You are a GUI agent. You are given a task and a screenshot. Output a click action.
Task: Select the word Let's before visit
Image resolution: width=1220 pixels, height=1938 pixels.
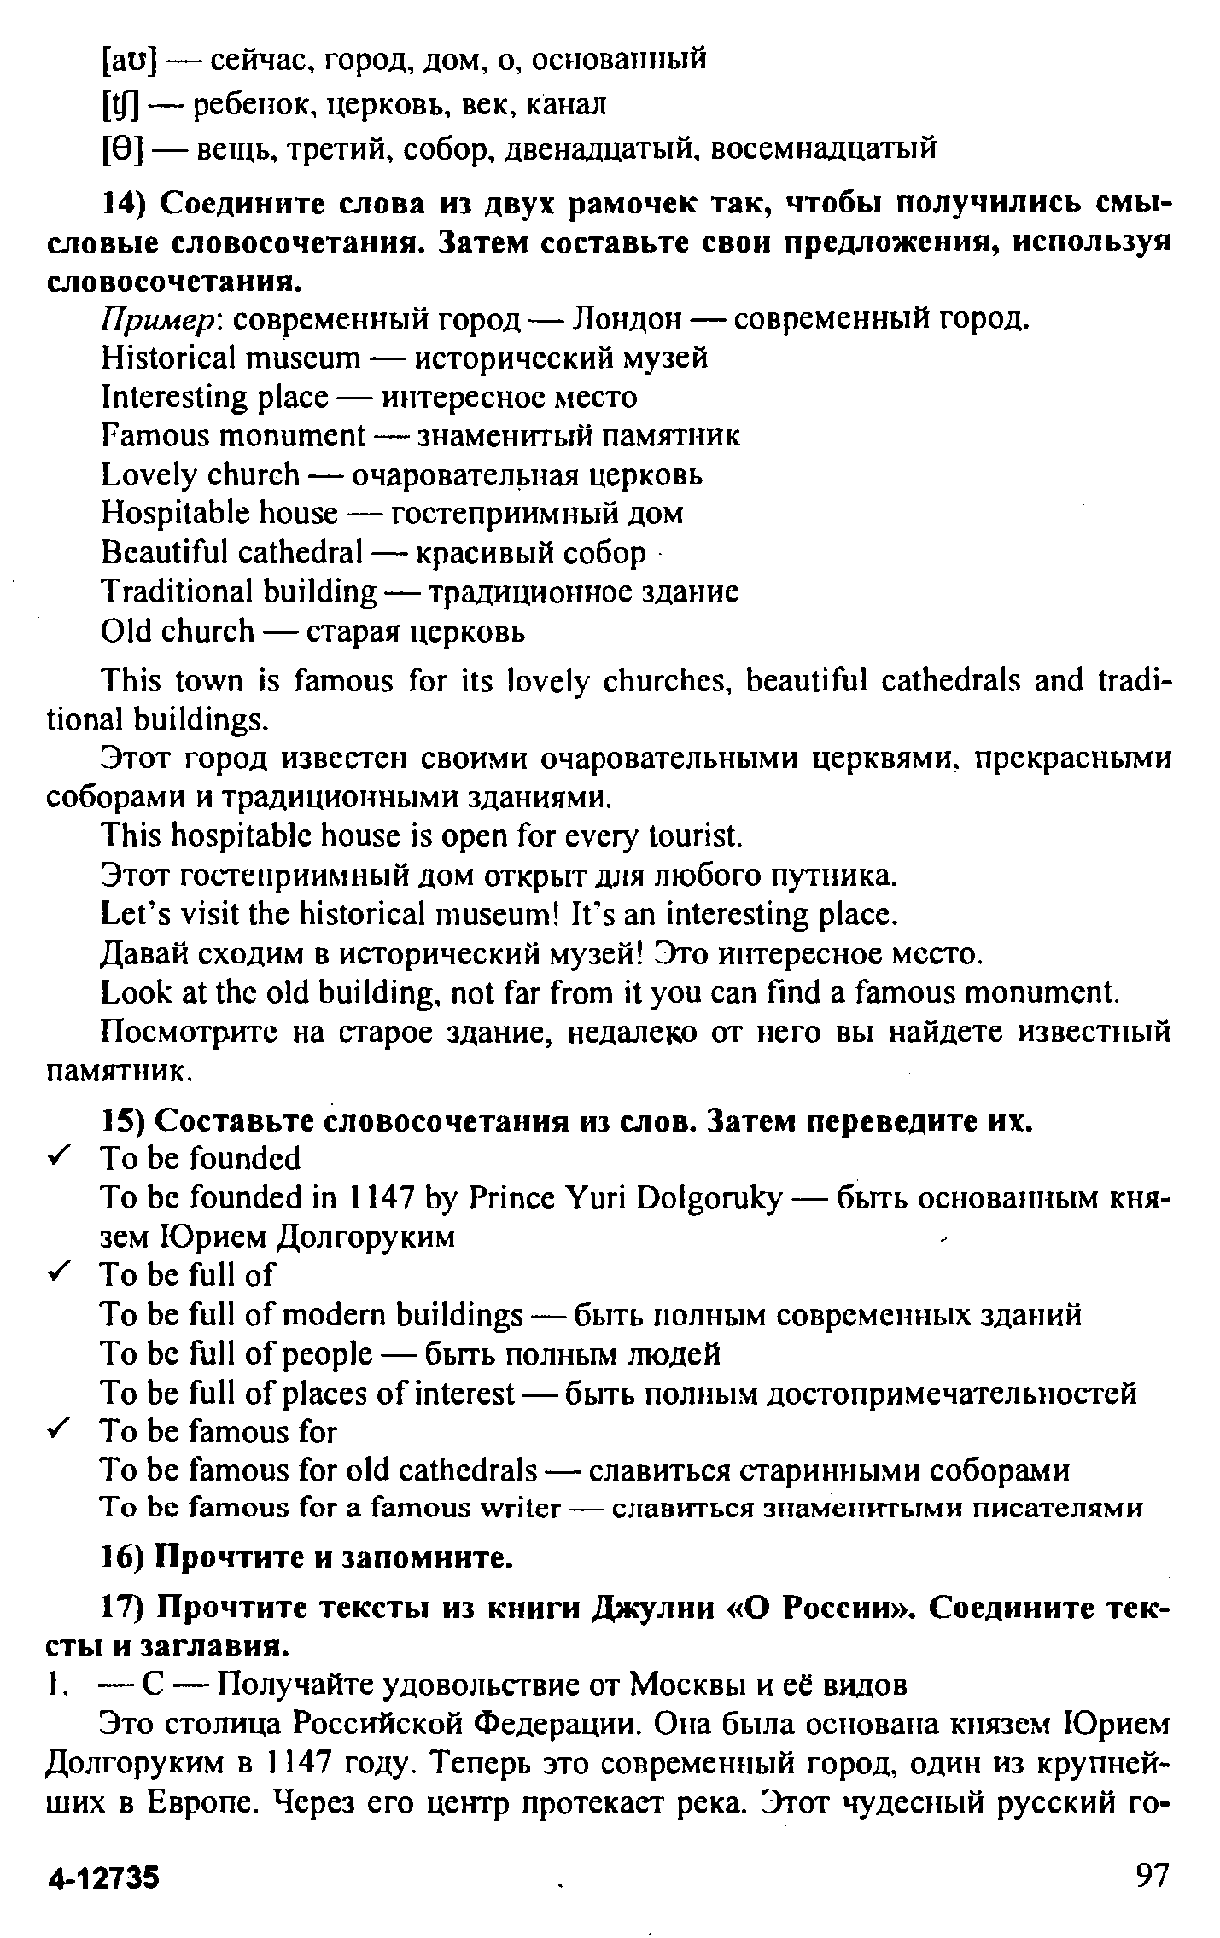[130, 915]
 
